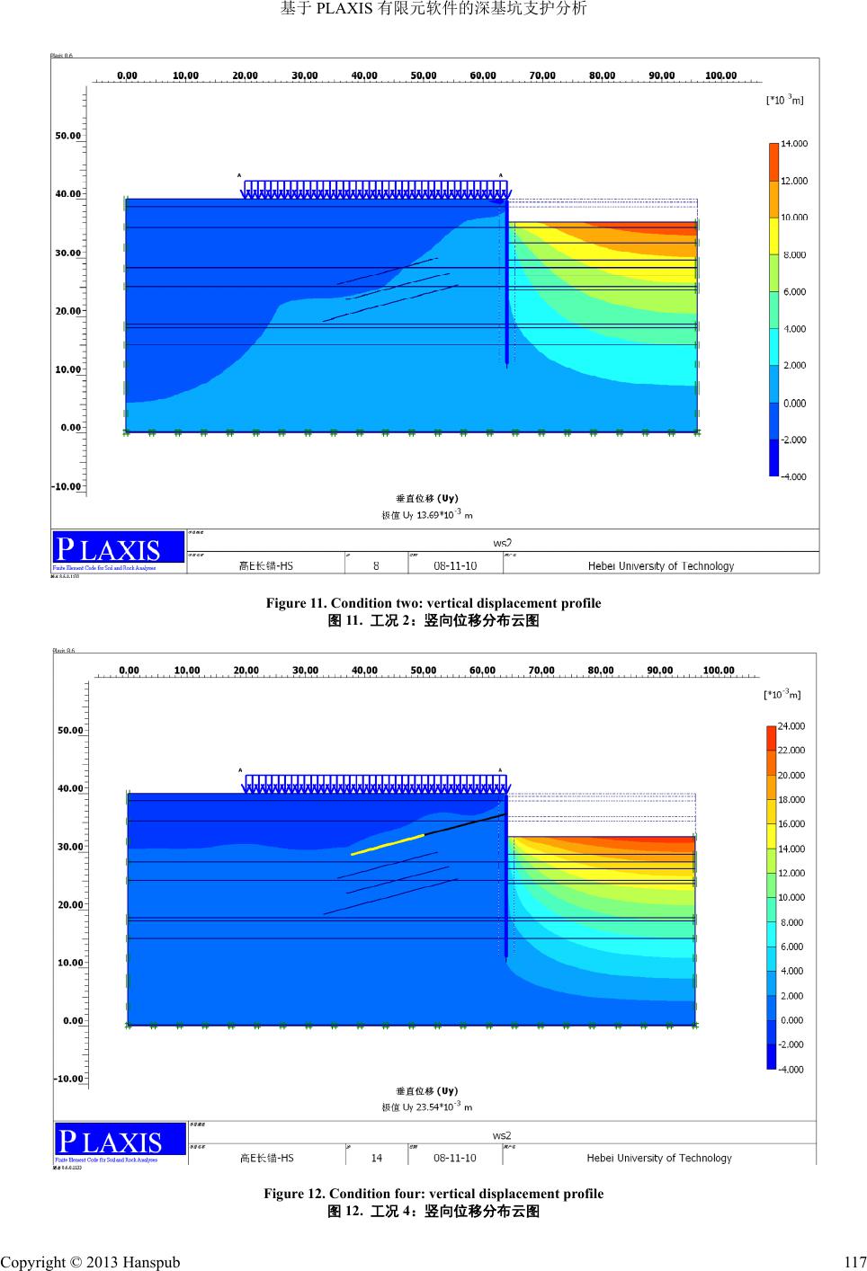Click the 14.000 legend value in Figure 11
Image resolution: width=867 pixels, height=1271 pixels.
pos(793,144)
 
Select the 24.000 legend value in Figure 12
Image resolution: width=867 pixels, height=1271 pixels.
pos(791,726)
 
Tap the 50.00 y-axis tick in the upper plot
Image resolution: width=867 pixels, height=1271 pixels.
pos(68,137)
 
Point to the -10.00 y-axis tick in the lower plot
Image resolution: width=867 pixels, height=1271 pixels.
pos(68,1078)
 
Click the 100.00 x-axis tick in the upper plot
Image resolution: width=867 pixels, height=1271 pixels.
pos(720,76)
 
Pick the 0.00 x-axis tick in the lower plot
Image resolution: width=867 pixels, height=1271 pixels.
pos(129,671)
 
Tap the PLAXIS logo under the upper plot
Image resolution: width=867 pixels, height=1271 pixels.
pos(108,548)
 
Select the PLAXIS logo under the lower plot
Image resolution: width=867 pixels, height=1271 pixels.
pos(109,1141)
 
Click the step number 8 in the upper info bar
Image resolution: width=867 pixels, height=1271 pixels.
pos(376,566)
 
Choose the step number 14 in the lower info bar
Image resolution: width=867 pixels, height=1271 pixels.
pos(376,1158)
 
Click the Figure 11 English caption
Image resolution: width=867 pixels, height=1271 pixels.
pos(433,603)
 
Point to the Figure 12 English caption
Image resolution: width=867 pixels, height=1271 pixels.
pos(433,1194)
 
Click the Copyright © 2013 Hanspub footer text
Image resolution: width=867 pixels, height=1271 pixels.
pos(90,1262)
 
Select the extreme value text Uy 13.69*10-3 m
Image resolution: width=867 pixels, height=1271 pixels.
pos(427,515)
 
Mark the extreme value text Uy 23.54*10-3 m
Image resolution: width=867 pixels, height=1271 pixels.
pos(427,1107)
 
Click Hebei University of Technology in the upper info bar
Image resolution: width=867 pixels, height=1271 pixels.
pos(661,566)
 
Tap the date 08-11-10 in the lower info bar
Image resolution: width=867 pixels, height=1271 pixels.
pos(455,1158)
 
